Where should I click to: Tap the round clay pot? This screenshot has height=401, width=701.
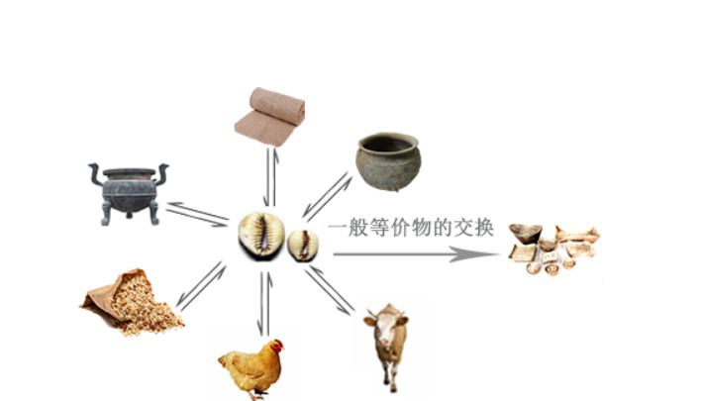[x=388, y=161]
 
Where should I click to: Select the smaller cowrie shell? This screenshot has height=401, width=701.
[x=303, y=244]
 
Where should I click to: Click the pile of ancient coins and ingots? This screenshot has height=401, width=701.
[x=551, y=248]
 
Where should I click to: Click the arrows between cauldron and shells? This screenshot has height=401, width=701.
[x=196, y=214]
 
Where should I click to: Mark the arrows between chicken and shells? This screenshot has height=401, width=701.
[x=264, y=302]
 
